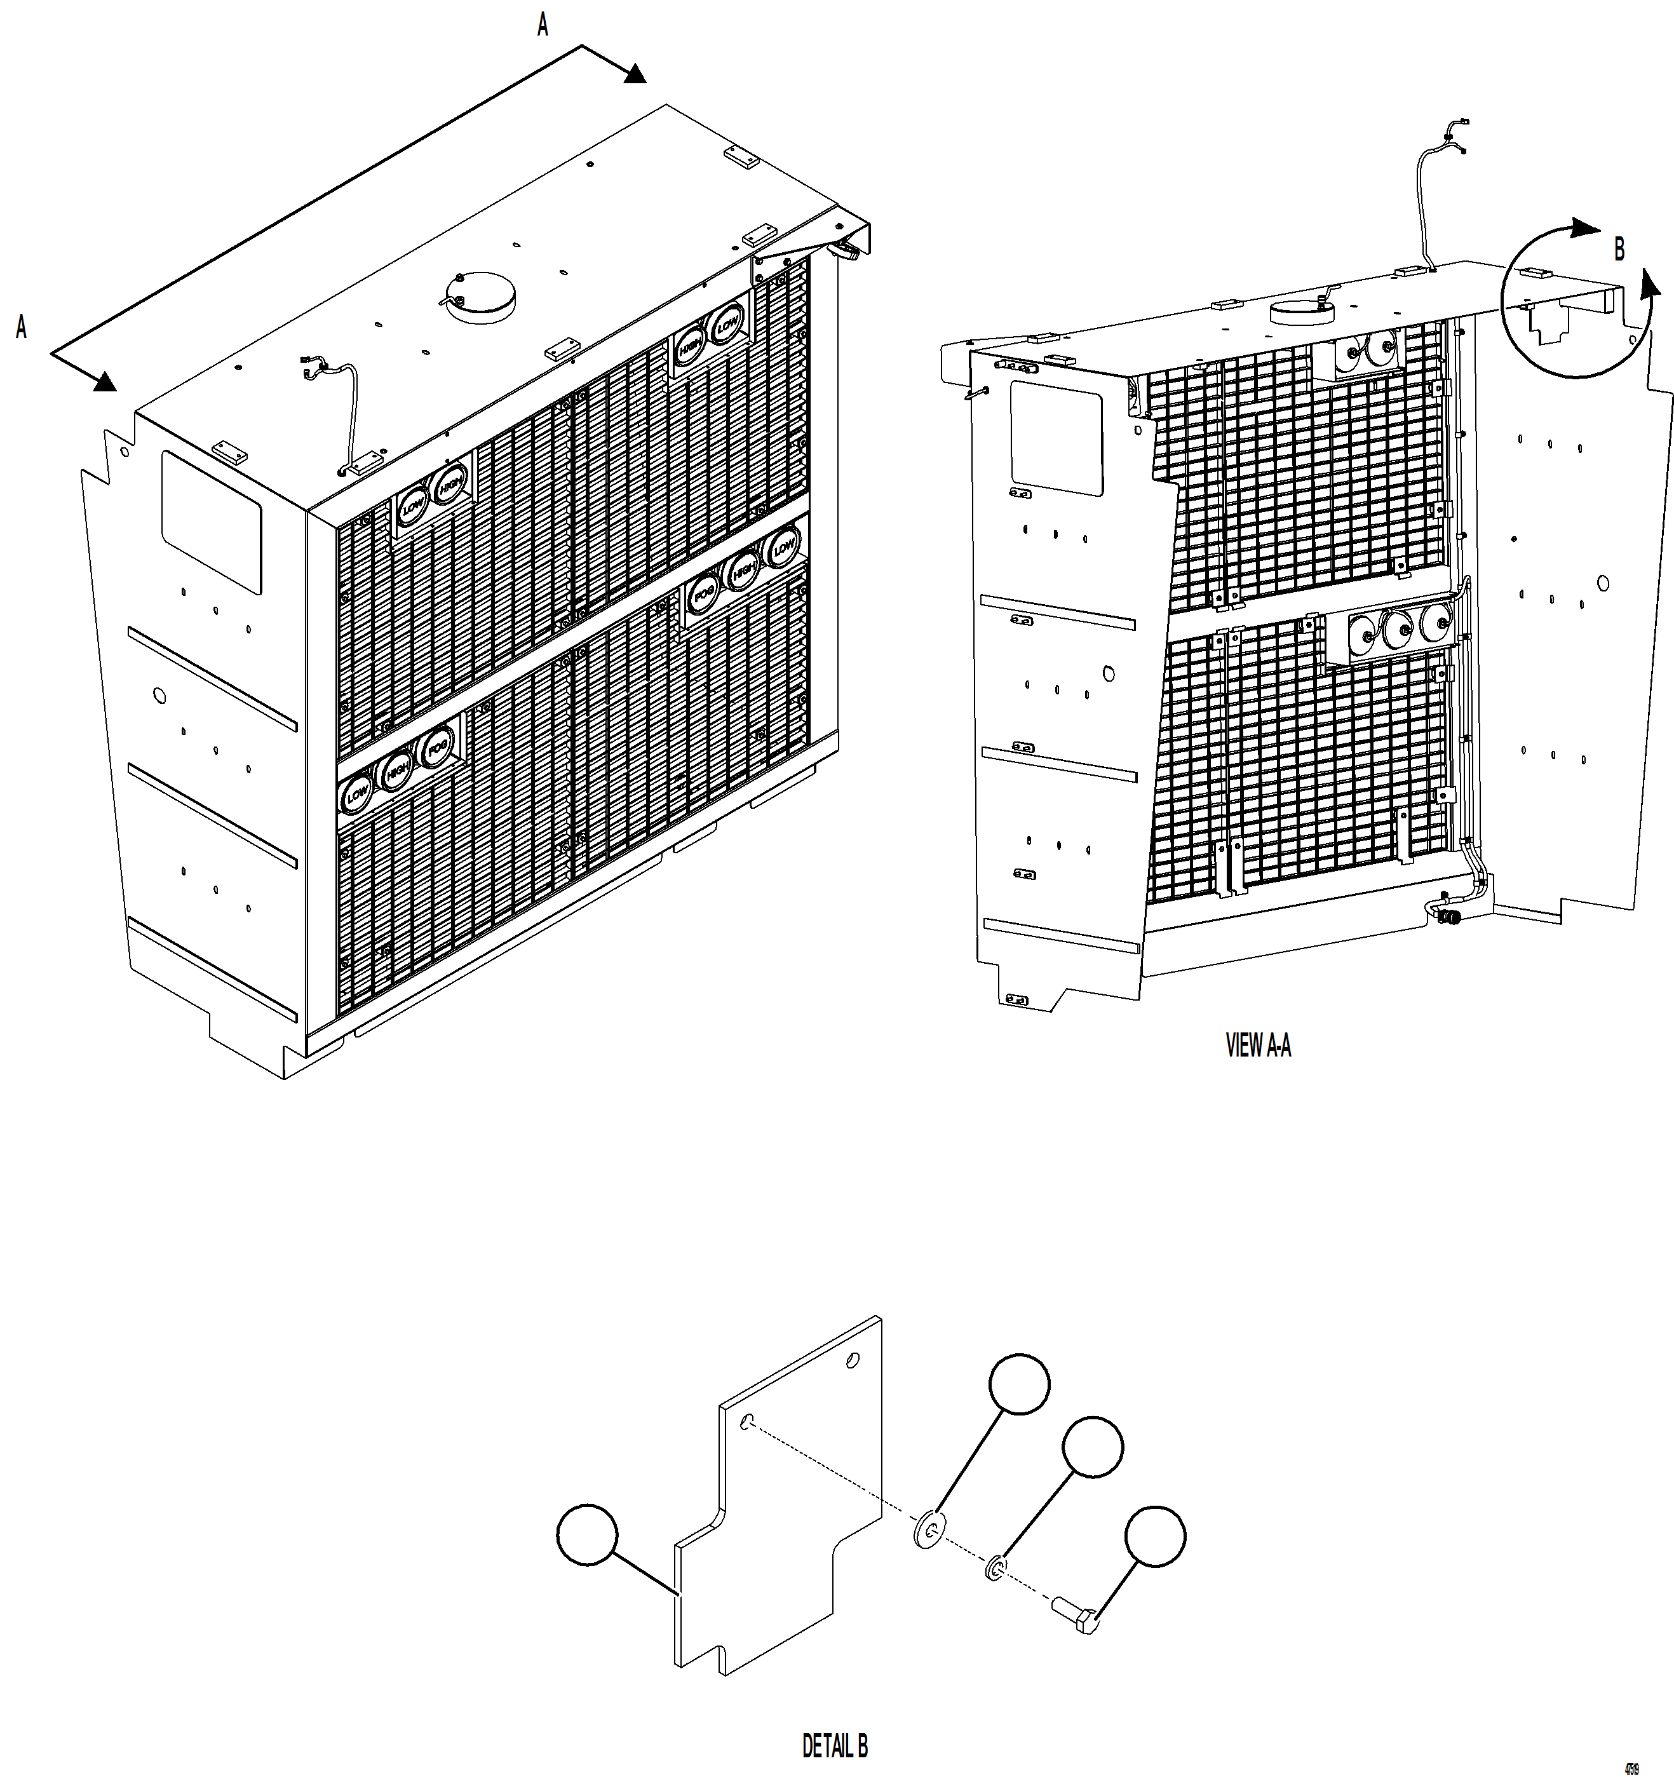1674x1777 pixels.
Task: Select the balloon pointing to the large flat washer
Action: (x=1019, y=1384)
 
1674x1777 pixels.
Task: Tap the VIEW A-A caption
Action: (x=1257, y=1045)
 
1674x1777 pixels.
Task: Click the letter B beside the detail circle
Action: (x=1619, y=250)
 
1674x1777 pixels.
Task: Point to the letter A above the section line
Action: (x=543, y=25)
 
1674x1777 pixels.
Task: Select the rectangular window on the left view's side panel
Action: (x=212, y=522)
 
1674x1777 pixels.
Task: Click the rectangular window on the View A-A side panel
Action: (x=1055, y=438)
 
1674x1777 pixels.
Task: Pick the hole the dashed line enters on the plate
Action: (x=749, y=1422)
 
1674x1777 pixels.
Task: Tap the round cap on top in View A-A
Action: (x=1301, y=310)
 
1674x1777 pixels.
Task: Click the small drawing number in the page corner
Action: (x=1632, y=1768)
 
